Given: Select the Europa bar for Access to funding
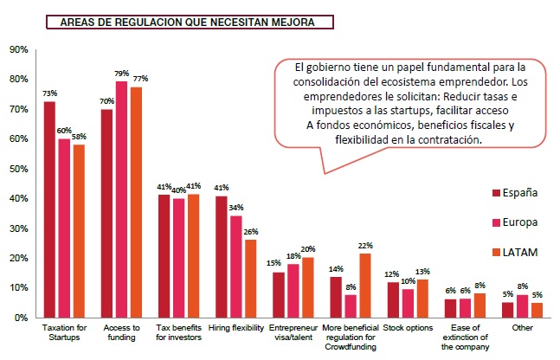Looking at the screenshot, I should point(121,200).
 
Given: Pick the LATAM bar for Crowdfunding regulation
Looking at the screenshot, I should point(364,285).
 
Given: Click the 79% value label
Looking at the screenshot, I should point(122,74).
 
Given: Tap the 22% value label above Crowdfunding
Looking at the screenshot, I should point(365,245).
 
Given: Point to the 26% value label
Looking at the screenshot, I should point(251,232).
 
